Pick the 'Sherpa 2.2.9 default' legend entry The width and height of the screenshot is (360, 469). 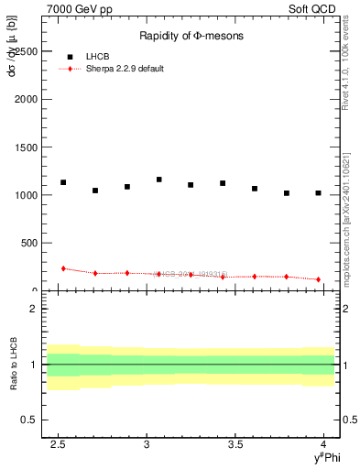(x=125, y=69)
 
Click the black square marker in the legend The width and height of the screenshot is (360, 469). (x=70, y=57)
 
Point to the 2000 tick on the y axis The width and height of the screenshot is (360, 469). (x=26, y=99)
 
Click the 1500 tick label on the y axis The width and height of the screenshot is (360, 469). (x=26, y=147)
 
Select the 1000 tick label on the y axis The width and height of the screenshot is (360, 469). (x=26, y=195)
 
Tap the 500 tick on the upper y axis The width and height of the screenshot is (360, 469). (x=29, y=243)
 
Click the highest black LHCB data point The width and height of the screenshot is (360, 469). (x=159, y=180)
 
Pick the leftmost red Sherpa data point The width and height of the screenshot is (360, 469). (x=63, y=268)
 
